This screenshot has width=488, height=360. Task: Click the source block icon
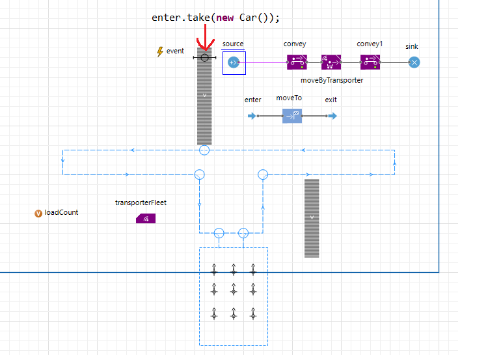[x=234, y=62]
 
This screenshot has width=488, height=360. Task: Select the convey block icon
[x=296, y=62]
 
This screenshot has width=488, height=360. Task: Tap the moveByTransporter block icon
[x=331, y=62]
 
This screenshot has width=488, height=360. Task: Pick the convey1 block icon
[x=370, y=62]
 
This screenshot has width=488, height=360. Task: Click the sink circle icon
[x=414, y=62]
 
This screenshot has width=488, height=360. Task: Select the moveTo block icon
[x=291, y=116]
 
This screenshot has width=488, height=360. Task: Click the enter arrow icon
[x=252, y=116]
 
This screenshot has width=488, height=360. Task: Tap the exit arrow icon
[x=332, y=116]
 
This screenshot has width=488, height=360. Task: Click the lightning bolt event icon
[x=160, y=51]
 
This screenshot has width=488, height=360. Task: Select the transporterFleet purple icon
[x=146, y=219]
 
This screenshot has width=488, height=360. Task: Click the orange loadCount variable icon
[x=38, y=213]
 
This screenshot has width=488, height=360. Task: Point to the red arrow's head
[x=206, y=47]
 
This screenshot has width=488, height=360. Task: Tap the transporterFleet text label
[x=141, y=202]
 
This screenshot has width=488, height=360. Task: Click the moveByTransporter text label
[x=332, y=80]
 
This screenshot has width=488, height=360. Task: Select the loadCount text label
[x=62, y=213]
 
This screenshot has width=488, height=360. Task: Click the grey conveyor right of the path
[x=312, y=218]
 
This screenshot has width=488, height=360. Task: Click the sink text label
[x=412, y=47]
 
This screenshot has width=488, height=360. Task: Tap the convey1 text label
[x=370, y=44]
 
